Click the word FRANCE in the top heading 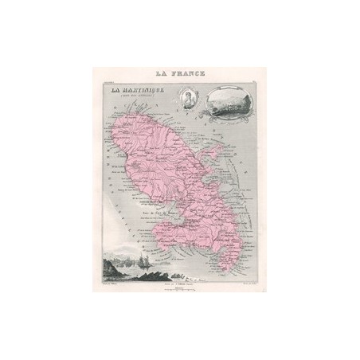tap(187, 72)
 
